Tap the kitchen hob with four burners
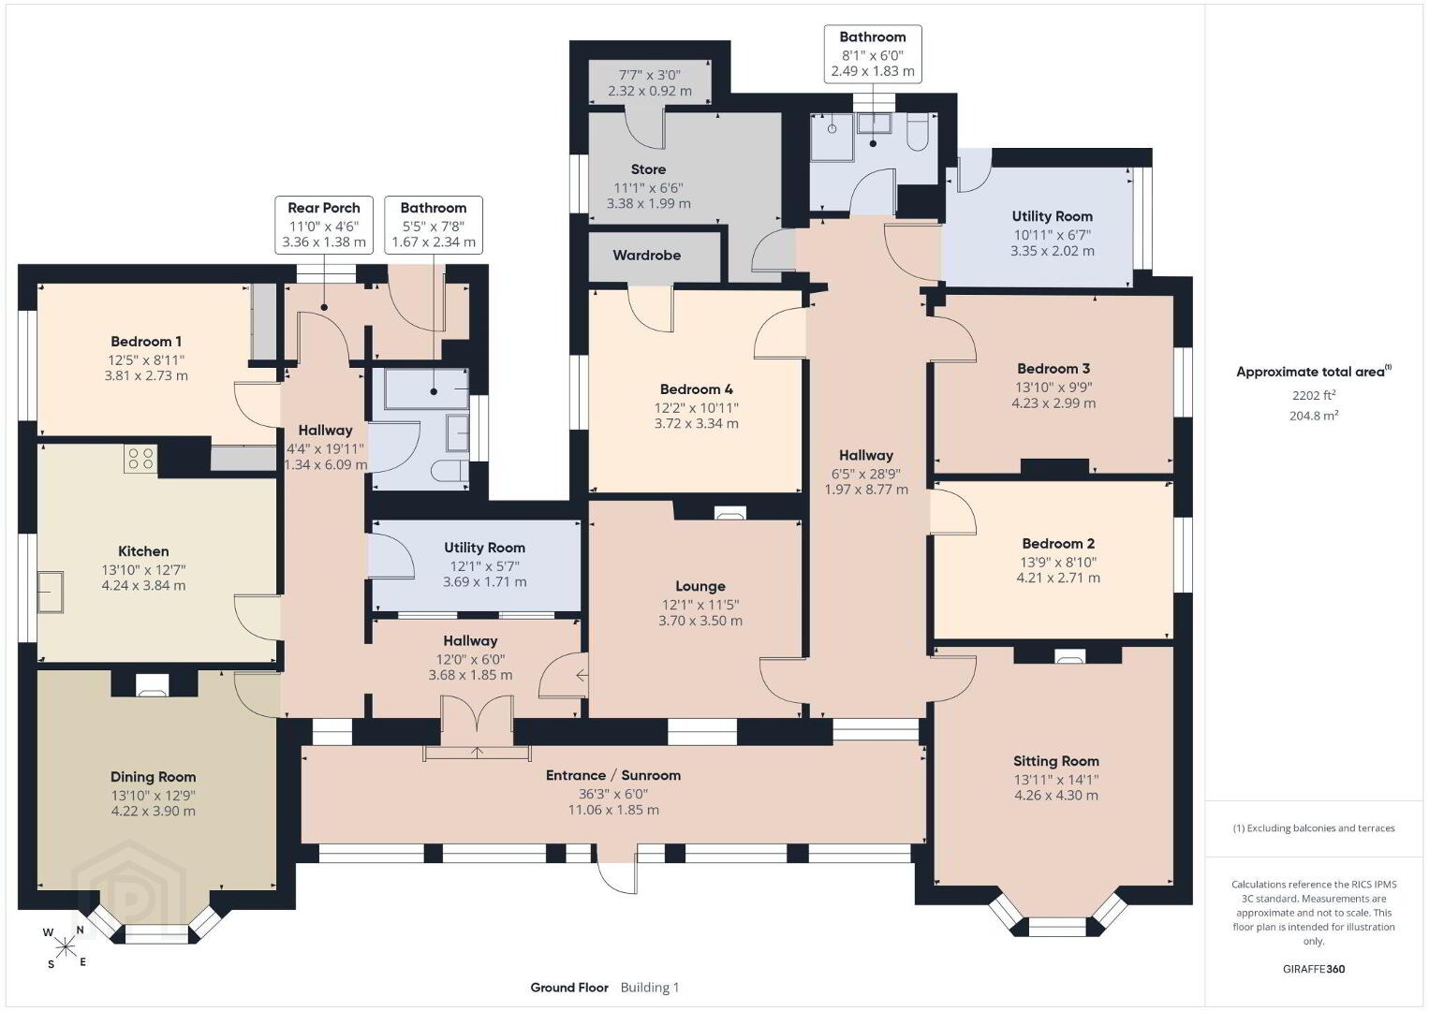[140, 459]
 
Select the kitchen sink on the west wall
[50, 592]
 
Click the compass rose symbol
[65, 948]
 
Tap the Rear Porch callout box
[323, 226]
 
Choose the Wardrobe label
[646, 256]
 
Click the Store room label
[648, 169]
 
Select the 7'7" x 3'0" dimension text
[650, 75]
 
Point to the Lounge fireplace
[729, 513]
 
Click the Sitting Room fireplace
[1069, 657]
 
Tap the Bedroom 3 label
[1053, 369]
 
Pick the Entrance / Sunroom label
[613, 775]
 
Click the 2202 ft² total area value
[1314, 395]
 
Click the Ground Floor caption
[569, 988]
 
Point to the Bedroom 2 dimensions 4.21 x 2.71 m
[1058, 578]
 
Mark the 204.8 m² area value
[1314, 416]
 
